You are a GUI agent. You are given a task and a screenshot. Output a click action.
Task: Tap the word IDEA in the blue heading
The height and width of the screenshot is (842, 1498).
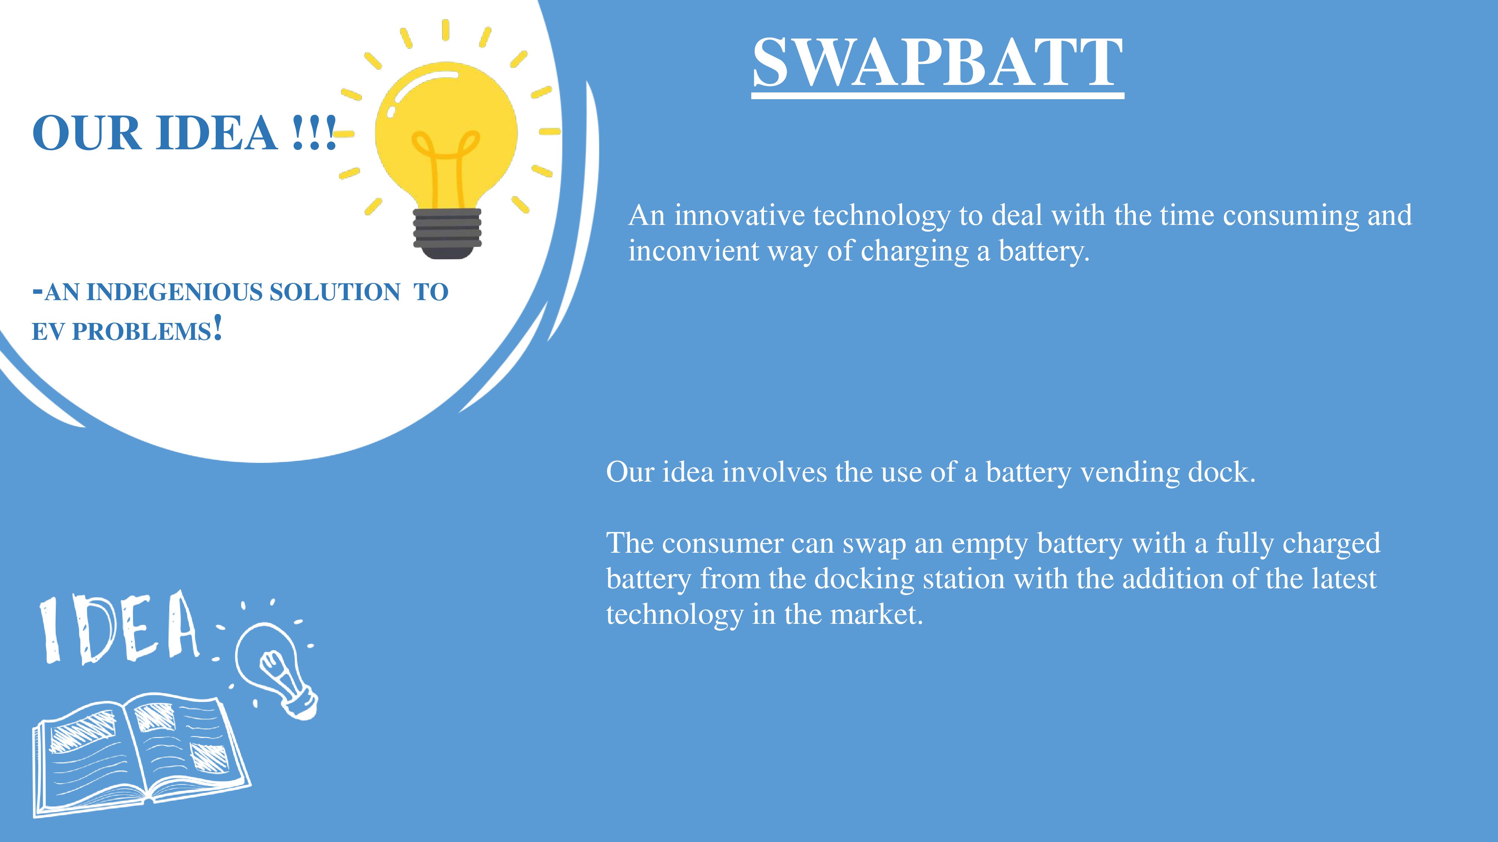216,133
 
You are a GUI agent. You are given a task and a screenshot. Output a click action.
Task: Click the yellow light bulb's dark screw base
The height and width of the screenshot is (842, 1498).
447,232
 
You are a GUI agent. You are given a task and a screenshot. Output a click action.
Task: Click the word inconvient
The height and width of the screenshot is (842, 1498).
693,251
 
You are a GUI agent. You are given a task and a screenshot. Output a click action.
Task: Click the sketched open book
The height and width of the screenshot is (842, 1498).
141,756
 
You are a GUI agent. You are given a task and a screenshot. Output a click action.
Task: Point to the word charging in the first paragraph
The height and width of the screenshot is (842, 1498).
914,251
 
